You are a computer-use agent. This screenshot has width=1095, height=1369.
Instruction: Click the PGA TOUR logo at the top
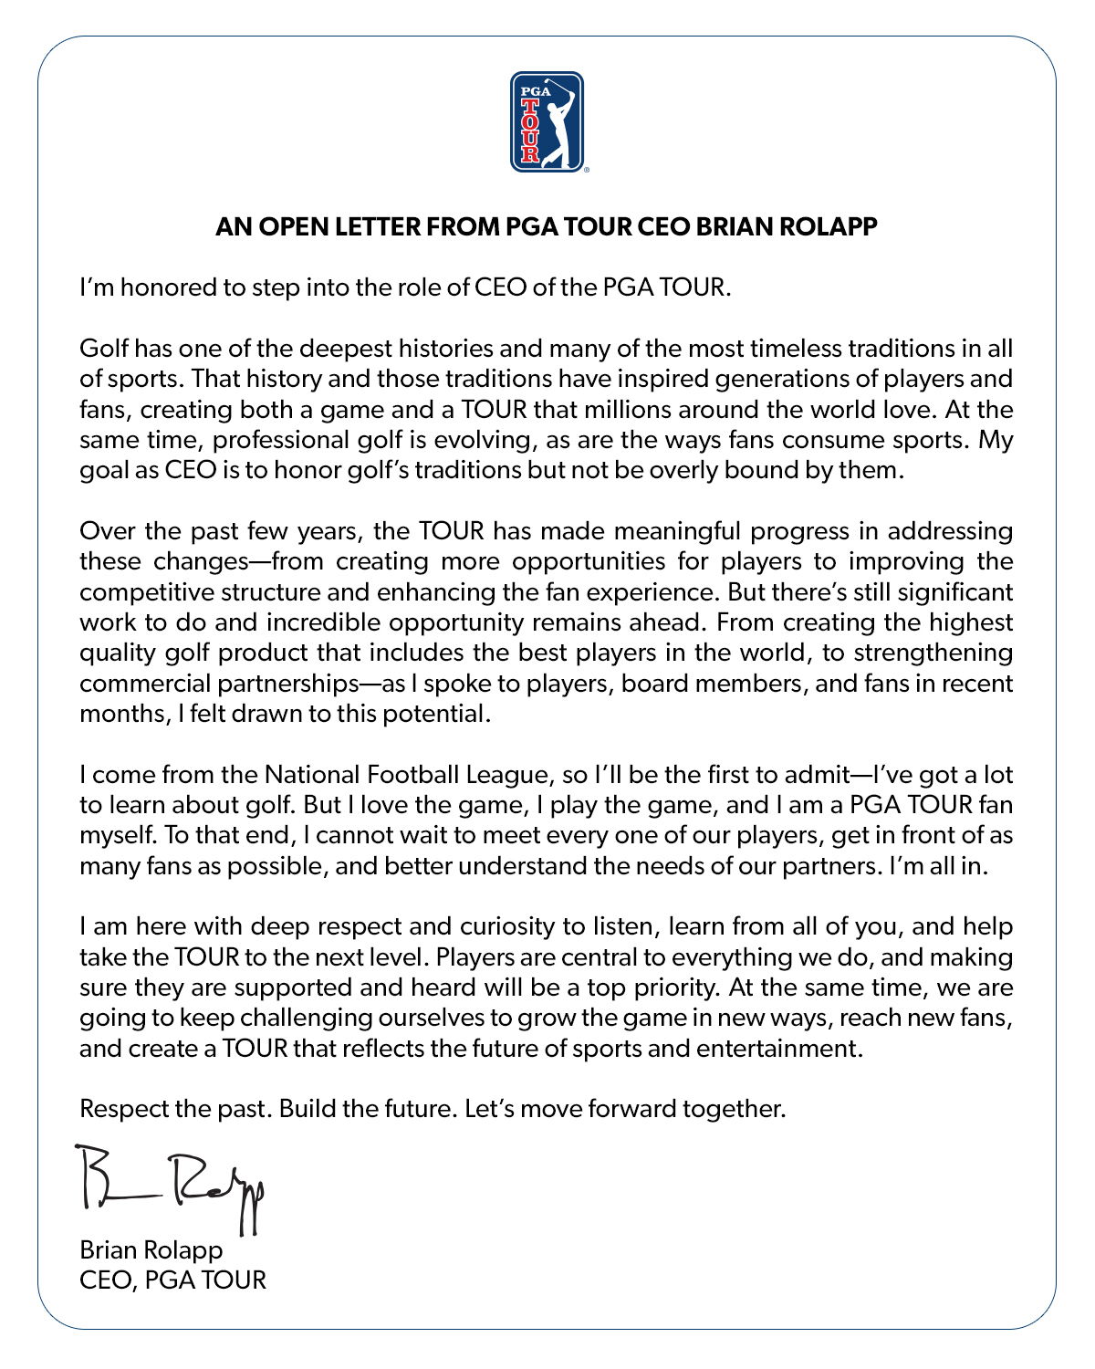pyautogui.click(x=547, y=121)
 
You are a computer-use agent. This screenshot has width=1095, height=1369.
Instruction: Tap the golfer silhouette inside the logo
pyautogui.click(x=559, y=128)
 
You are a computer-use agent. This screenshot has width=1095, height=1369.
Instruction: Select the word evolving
pyautogui.click(x=481, y=440)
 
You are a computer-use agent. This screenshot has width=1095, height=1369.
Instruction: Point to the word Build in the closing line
pyautogui.click(x=307, y=1109)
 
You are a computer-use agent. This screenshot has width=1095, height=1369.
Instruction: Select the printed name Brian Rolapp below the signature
pyautogui.click(x=151, y=1249)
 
